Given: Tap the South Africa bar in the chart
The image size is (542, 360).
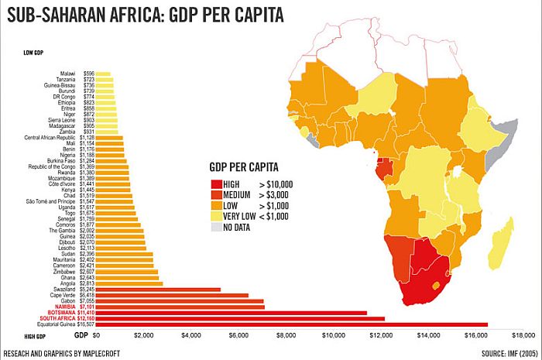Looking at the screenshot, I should pyautogui.click(x=240, y=318).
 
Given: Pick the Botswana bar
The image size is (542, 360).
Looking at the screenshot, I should pyautogui.click(x=232, y=312).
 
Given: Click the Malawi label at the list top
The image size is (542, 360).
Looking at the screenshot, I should pyautogui.click(x=78, y=73).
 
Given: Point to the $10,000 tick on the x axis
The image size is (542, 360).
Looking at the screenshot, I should pyautogui.click(x=334, y=337).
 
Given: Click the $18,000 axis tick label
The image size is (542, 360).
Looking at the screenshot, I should pyautogui.click(x=523, y=337).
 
